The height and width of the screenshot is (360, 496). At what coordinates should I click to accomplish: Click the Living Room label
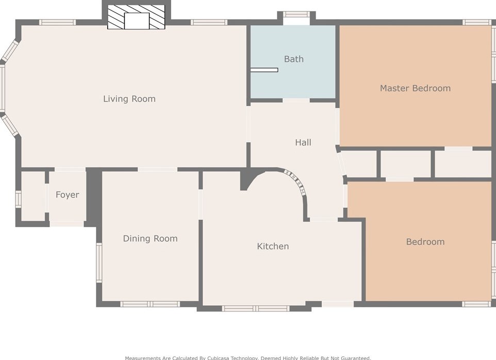pyautogui.click(x=129, y=99)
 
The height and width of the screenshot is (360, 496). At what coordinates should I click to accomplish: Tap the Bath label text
pyautogui.click(x=294, y=59)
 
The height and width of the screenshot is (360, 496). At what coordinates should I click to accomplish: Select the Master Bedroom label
pyautogui.click(x=415, y=88)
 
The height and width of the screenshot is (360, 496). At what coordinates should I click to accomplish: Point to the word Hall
pyautogui.click(x=303, y=142)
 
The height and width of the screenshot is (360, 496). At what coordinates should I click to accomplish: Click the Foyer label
pyautogui.click(x=68, y=195)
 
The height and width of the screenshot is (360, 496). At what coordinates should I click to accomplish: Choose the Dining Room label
pyautogui.click(x=150, y=238)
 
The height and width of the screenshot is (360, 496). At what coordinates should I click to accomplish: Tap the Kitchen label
pyautogui.click(x=273, y=247)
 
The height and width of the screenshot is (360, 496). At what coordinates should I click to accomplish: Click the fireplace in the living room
pyautogui.click(x=136, y=18)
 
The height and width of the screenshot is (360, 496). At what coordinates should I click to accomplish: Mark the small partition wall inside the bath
pyautogui.click(x=264, y=70)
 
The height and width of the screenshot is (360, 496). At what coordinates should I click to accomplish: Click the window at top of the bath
pyautogui.click(x=296, y=14)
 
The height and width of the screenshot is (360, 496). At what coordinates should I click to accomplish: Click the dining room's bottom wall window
pyautogui.click(x=150, y=304)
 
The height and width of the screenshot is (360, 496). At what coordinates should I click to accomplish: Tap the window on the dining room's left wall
pyautogui.click(x=99, y=263)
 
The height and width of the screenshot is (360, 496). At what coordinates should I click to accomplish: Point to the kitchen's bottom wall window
pyautogui.click(x=255, y=308)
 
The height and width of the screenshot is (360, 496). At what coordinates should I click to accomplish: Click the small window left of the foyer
pyautogui.click(x=18, y=199)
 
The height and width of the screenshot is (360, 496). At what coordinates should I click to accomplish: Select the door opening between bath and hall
pyautogui.click(x=296, y=101)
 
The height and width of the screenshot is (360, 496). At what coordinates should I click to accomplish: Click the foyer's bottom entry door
pyautogui.click(x=67, y=224)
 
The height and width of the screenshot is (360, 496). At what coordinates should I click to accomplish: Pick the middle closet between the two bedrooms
pyautogui.click(x=405, y=164)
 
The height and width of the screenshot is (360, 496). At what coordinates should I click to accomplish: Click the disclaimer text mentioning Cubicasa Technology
pyautogui.click(x=247, y=357)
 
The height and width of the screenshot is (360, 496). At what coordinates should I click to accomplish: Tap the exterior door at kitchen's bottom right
pyautogui.click(x=338, y=304)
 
